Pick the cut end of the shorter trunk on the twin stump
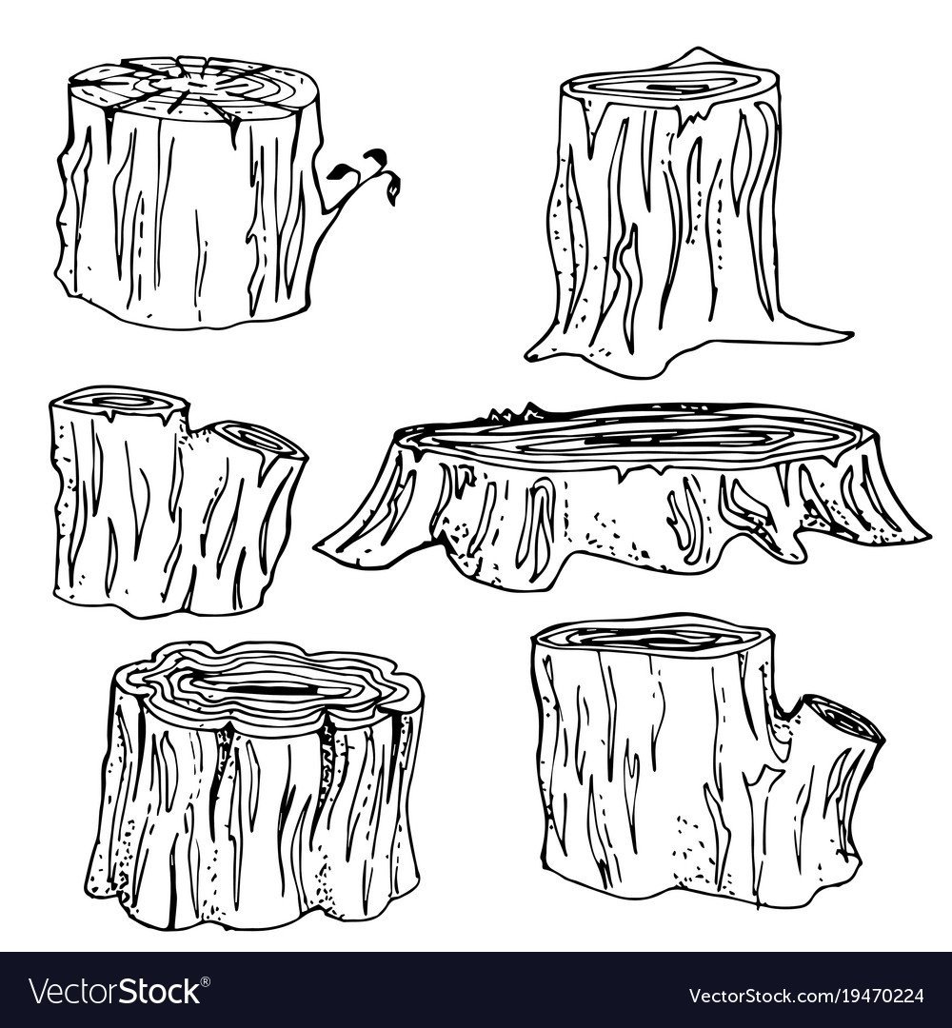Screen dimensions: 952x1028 260,439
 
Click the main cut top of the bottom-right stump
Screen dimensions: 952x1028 652,635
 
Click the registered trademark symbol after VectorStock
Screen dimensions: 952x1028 206,981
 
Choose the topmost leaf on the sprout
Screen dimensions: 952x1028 376,156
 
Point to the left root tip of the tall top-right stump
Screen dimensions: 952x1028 532,355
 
